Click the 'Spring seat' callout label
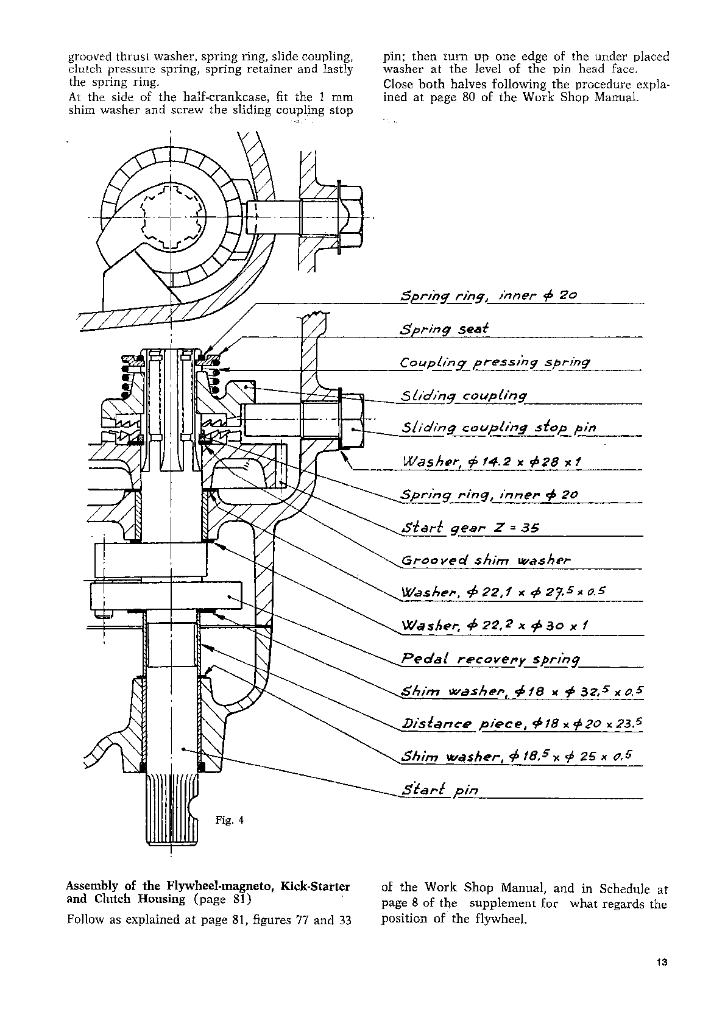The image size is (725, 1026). coord(445,329)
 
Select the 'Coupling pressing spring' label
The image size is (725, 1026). coord(495,363)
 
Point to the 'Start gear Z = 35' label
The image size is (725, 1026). coord(470,528)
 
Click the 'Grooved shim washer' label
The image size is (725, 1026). coord(486,561)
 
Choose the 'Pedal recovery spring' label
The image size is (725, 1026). coord(491,659)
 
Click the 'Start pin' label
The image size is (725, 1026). coord(440,791)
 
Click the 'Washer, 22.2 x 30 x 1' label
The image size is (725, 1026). coord(494,626)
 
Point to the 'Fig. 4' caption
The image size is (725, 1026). coord(230,820)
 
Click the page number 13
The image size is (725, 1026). coord(663,963)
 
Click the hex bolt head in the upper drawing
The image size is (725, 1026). coord(350,216)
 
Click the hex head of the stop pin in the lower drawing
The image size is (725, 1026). coord(351,420)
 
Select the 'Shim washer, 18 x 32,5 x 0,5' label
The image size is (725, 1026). coord(522,692)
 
